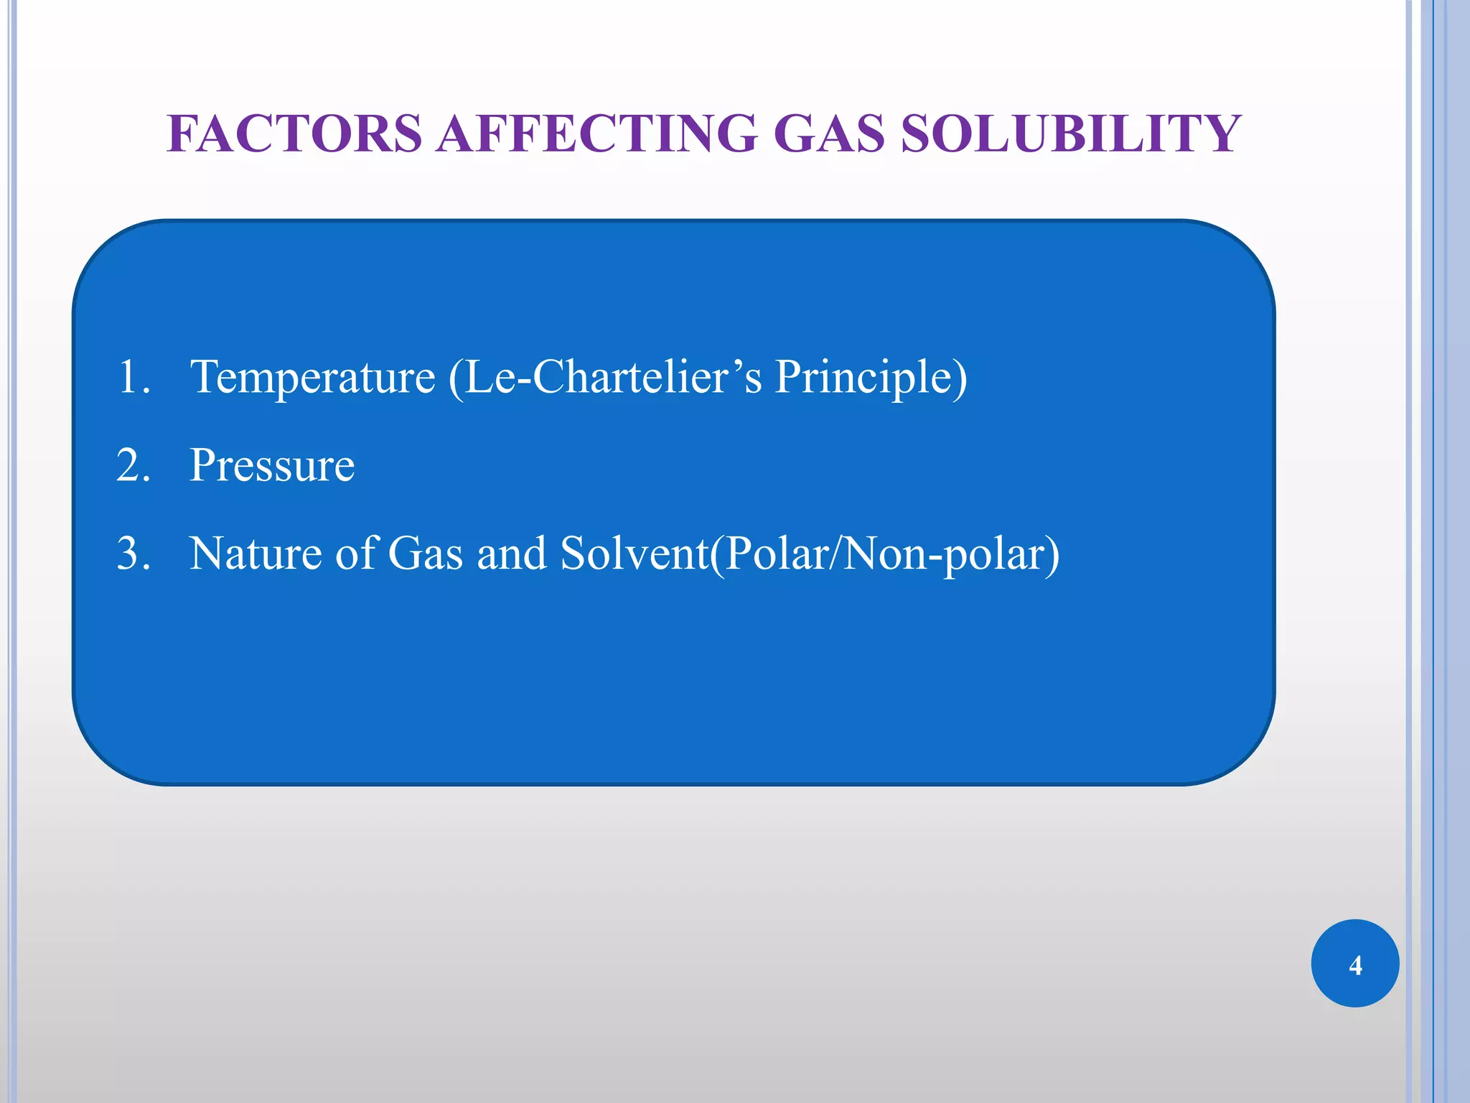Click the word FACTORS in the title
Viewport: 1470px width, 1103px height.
point(294,134)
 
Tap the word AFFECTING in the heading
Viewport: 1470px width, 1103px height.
point(597,134)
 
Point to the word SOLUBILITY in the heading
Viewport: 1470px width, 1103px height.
point(1070,134)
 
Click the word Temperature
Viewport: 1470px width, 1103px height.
point(312,377)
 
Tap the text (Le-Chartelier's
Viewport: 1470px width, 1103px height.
point(604,377)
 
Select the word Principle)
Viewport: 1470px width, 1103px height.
point(871,377)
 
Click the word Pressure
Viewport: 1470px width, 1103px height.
point(272,465)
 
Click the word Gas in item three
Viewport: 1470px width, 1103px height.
point(425,554)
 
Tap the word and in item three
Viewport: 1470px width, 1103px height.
point(511,554)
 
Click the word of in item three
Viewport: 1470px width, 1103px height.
point(356,554)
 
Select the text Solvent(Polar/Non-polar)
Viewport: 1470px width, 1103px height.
point(810,554)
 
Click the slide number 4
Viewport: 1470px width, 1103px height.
point(1355,965)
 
